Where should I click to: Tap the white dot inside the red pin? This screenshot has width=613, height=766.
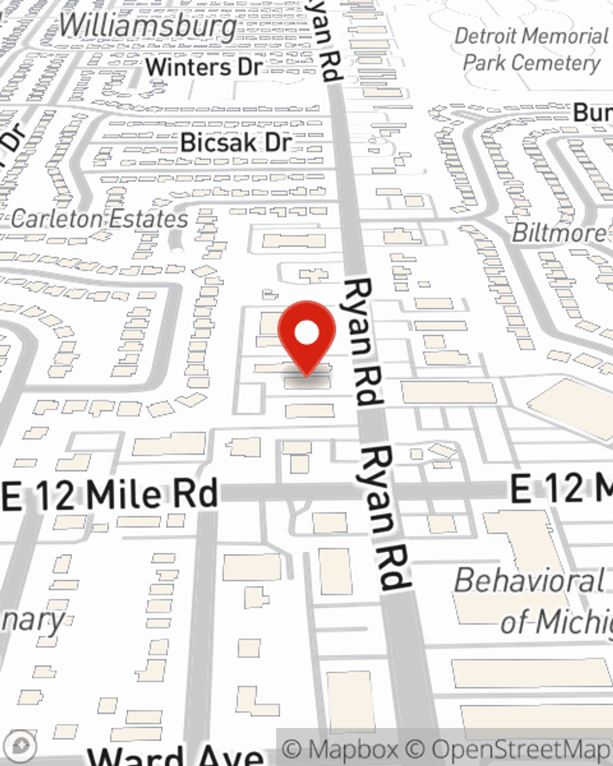[x=306, y=333]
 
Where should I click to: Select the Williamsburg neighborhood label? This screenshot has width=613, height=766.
[x=148, y=26]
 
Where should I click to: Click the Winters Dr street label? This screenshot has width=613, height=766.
[x=204, y=67]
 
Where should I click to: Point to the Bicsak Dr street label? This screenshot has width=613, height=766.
[x=236, y=143]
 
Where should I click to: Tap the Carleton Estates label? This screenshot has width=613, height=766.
[x=100, y=219]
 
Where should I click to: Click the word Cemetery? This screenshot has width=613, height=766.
[x=564, y=63]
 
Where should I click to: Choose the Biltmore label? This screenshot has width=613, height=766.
[x=558, y=233]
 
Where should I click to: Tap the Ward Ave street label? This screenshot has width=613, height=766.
[x=175, y=756]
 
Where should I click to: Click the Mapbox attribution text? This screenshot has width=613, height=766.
[x=340, y=749]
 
